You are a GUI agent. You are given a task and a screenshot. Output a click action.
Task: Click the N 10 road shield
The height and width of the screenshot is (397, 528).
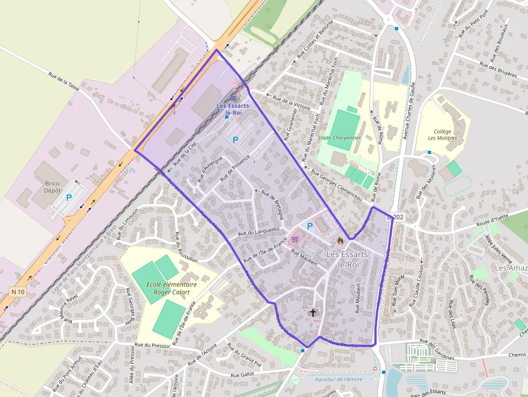click(18, 292)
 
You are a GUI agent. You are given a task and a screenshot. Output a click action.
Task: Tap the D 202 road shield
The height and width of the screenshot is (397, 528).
click(395, 217)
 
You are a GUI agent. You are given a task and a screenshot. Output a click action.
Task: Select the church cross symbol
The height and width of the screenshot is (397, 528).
click(312, 312)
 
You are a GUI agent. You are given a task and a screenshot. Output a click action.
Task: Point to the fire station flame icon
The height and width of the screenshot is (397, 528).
click(340, 241)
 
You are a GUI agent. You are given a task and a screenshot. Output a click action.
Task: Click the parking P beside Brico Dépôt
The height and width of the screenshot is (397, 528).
click(69, 198)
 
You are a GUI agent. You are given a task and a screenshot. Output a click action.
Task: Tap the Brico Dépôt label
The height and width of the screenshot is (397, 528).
click(52, 186)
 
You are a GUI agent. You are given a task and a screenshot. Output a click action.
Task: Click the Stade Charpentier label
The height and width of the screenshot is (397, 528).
click(339, 138)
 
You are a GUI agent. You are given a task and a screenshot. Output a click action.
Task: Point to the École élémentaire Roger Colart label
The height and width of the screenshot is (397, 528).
click(172, 288)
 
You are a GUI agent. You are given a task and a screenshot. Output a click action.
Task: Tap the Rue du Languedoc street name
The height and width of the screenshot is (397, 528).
click(260, 232)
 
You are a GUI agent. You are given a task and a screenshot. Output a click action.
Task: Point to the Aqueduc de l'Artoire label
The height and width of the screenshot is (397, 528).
click(339, 380)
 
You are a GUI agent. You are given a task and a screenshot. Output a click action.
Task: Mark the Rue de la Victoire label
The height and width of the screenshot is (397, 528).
click(291, 102)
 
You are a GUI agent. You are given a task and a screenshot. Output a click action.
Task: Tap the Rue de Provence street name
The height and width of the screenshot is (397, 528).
click(235, 167)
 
